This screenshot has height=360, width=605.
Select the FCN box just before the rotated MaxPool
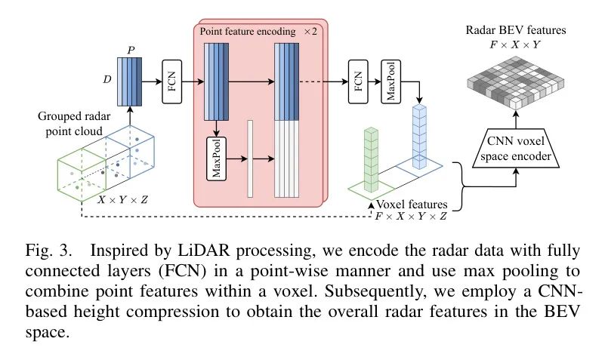(357, 80)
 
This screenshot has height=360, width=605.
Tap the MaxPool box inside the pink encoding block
(217, 158)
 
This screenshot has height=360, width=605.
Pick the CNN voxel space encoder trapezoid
(516, 148)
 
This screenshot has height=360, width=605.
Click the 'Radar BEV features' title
(517, 32)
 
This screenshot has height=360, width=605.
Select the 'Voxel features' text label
(413, 204)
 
